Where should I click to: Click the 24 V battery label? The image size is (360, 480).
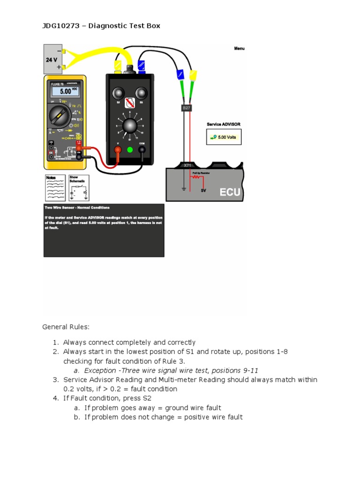(52, 60)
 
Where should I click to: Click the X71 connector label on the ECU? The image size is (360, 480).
(187, 165)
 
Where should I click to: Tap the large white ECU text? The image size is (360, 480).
(230, 193)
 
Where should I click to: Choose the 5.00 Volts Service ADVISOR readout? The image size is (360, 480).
(224, 137)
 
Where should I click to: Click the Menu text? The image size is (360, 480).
(239, 49)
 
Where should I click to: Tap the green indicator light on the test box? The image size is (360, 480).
(130, 150)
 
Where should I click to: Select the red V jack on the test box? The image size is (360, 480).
(118, 150)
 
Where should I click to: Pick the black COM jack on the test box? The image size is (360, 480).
(142, 150)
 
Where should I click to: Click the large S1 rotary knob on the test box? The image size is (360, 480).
(130, 126)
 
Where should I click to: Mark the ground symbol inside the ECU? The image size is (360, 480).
(185, 188)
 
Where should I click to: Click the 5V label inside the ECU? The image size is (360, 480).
(203, 191)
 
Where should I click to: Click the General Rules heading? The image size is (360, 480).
(66, 327)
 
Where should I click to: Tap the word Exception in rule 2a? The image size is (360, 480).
(100, 370)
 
